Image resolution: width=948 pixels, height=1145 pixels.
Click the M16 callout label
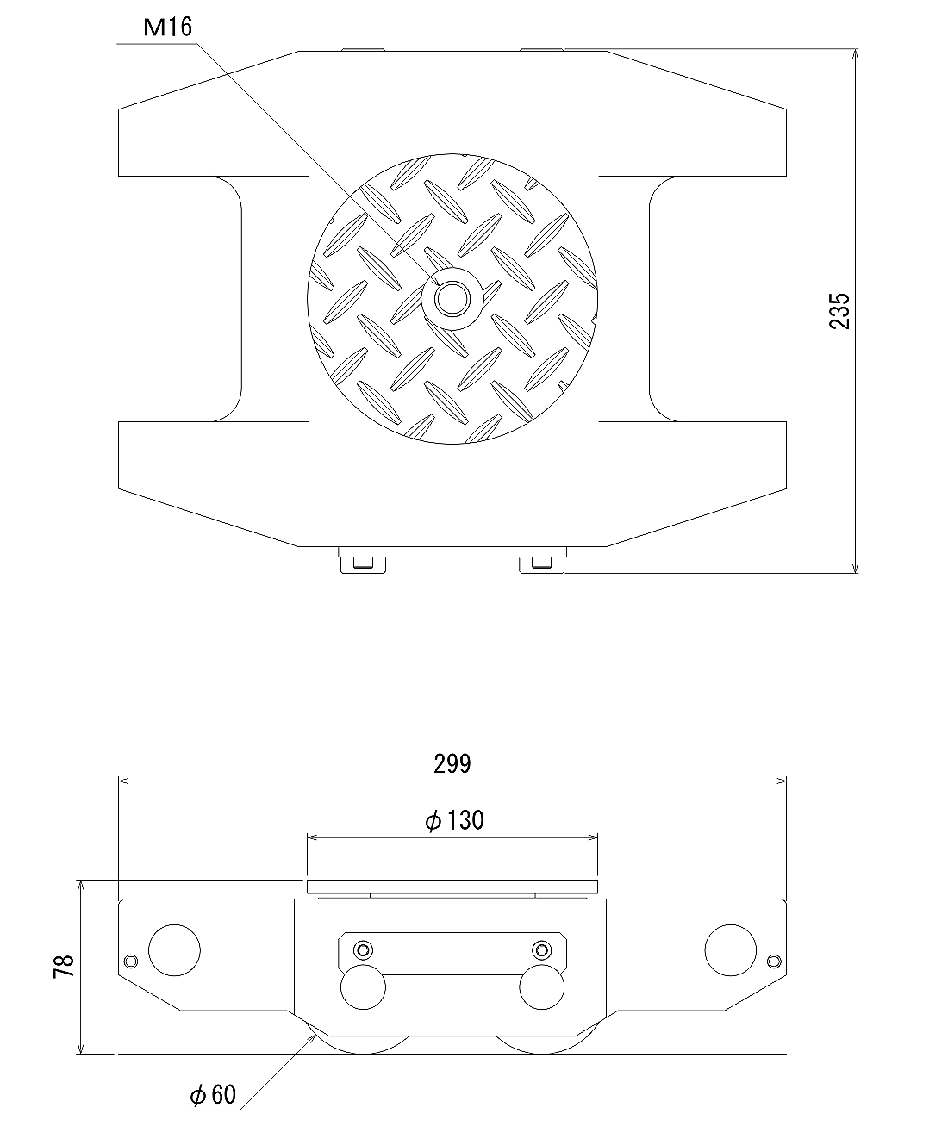point(168,28)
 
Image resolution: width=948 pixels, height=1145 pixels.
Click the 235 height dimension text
point(839,311)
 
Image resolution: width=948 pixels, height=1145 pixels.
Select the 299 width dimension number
point(452,764)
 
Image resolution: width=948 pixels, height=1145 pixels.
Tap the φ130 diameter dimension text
point(455,820)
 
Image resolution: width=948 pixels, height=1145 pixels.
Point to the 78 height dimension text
point(64,967)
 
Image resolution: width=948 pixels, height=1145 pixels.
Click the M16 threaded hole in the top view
point(452,300)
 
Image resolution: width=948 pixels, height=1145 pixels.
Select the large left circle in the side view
point(174,950)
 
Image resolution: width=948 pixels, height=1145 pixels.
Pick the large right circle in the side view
point(730,950)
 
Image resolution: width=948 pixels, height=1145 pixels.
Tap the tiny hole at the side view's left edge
point(131,961)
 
